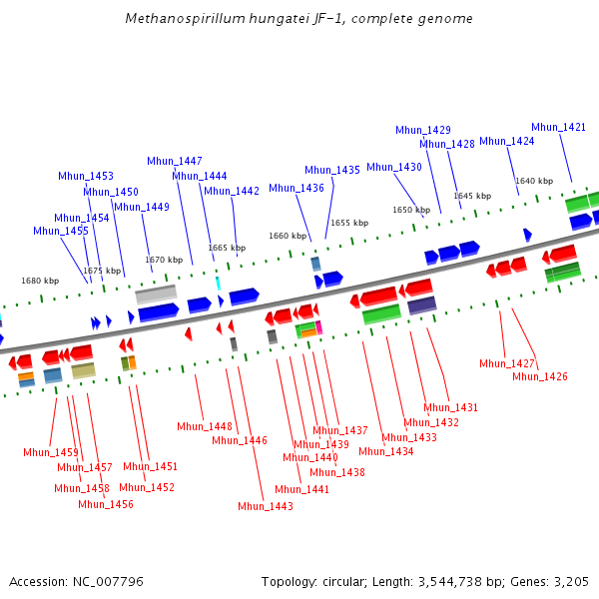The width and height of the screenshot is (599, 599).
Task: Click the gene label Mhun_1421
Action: pyautogui.click(x=558, y=127)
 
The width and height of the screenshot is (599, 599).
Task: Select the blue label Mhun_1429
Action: pyautogui.click(x=423, y=130)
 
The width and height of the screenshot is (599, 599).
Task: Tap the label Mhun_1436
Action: pyautogui.click(x=297, y=188)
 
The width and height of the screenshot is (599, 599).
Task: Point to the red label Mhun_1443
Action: pyautogui.click(x=266, y=506)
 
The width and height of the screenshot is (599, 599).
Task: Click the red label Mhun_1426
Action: pyautogui.click(x=540, y=376)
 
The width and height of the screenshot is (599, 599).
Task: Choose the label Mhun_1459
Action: pyautogui.click(x=51, y=452)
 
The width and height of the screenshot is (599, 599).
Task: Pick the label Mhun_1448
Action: pyautogui.click(x=205, y=426)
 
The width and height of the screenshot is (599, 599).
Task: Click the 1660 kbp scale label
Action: pyautogui.click(x=287, y=236)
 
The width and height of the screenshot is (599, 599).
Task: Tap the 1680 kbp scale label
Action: pyautogui.click(x=40, y=281)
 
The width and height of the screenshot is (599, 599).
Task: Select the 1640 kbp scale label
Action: pyautogui.click(x=534, y=181)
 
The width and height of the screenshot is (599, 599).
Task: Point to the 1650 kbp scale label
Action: pyautogui.click(x=411, y=210)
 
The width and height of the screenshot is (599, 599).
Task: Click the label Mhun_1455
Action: pyautogui.click(x=61, y=231)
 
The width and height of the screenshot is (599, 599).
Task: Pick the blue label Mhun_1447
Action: pyautogui.click(x=175, y=161)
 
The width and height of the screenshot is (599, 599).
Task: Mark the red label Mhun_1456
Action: pyautogui.click(x=106, y=504)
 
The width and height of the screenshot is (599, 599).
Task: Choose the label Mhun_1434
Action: pyautogui.click(x=386, y=451)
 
